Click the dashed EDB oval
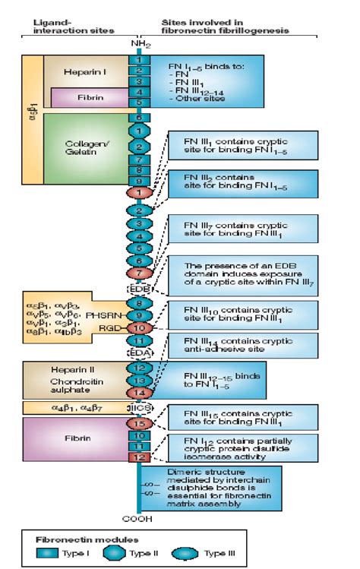[139, 289]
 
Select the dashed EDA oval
[139, 352]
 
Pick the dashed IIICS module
[139, 408]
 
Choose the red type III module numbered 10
[139, 328]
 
